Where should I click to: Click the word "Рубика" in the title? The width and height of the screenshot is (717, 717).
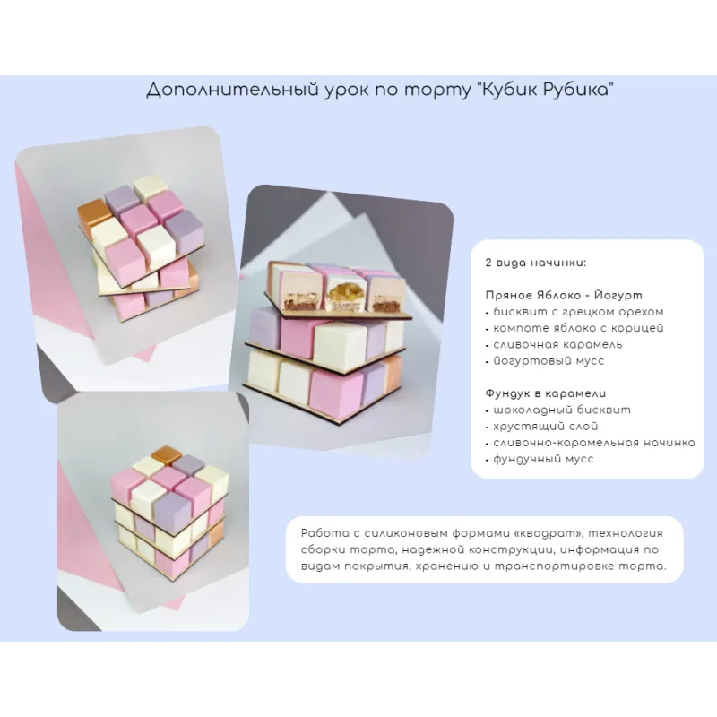click(578, 89)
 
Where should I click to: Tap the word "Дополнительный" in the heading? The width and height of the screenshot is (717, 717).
click(232, 91)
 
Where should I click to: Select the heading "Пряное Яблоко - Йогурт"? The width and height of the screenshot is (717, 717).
click(564, 296)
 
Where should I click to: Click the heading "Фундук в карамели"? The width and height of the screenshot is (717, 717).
click(546, 393)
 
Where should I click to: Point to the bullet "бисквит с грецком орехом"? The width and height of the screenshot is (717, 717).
click(578, 312)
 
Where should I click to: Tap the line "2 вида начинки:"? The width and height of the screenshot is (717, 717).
click(535, 263)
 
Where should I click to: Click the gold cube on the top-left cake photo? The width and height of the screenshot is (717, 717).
click(94, 213)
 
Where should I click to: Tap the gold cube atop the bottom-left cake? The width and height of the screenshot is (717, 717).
click(167, 455)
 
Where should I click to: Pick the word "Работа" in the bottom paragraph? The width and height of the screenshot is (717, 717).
click(319, 533)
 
